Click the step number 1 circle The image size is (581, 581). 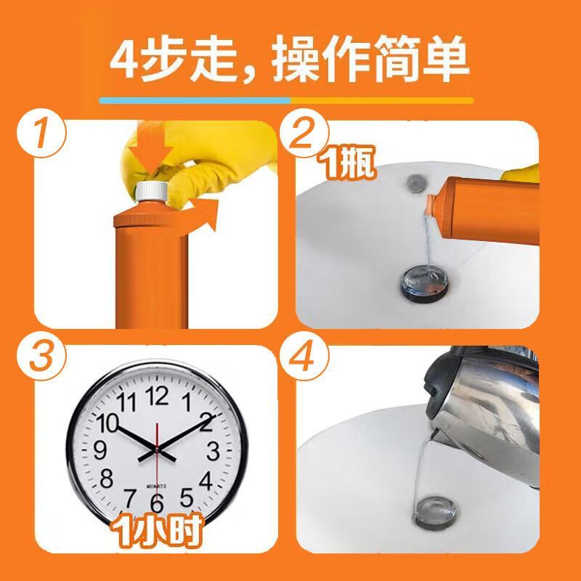[41, 133]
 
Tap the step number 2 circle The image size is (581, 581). [304, 133]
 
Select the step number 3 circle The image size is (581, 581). [41, 356]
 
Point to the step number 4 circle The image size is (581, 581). [304, 356]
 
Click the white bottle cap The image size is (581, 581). [152, 191]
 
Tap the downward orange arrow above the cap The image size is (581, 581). [151, 151]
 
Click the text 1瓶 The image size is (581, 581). [348, 163]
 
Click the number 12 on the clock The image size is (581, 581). [157, 396]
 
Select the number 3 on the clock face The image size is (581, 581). [213, 451]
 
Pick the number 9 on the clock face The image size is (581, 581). [100, 450]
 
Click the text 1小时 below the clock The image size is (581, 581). [157, 530]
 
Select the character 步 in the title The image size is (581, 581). [164, 59]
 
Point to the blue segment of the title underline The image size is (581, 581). [195, 101]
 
